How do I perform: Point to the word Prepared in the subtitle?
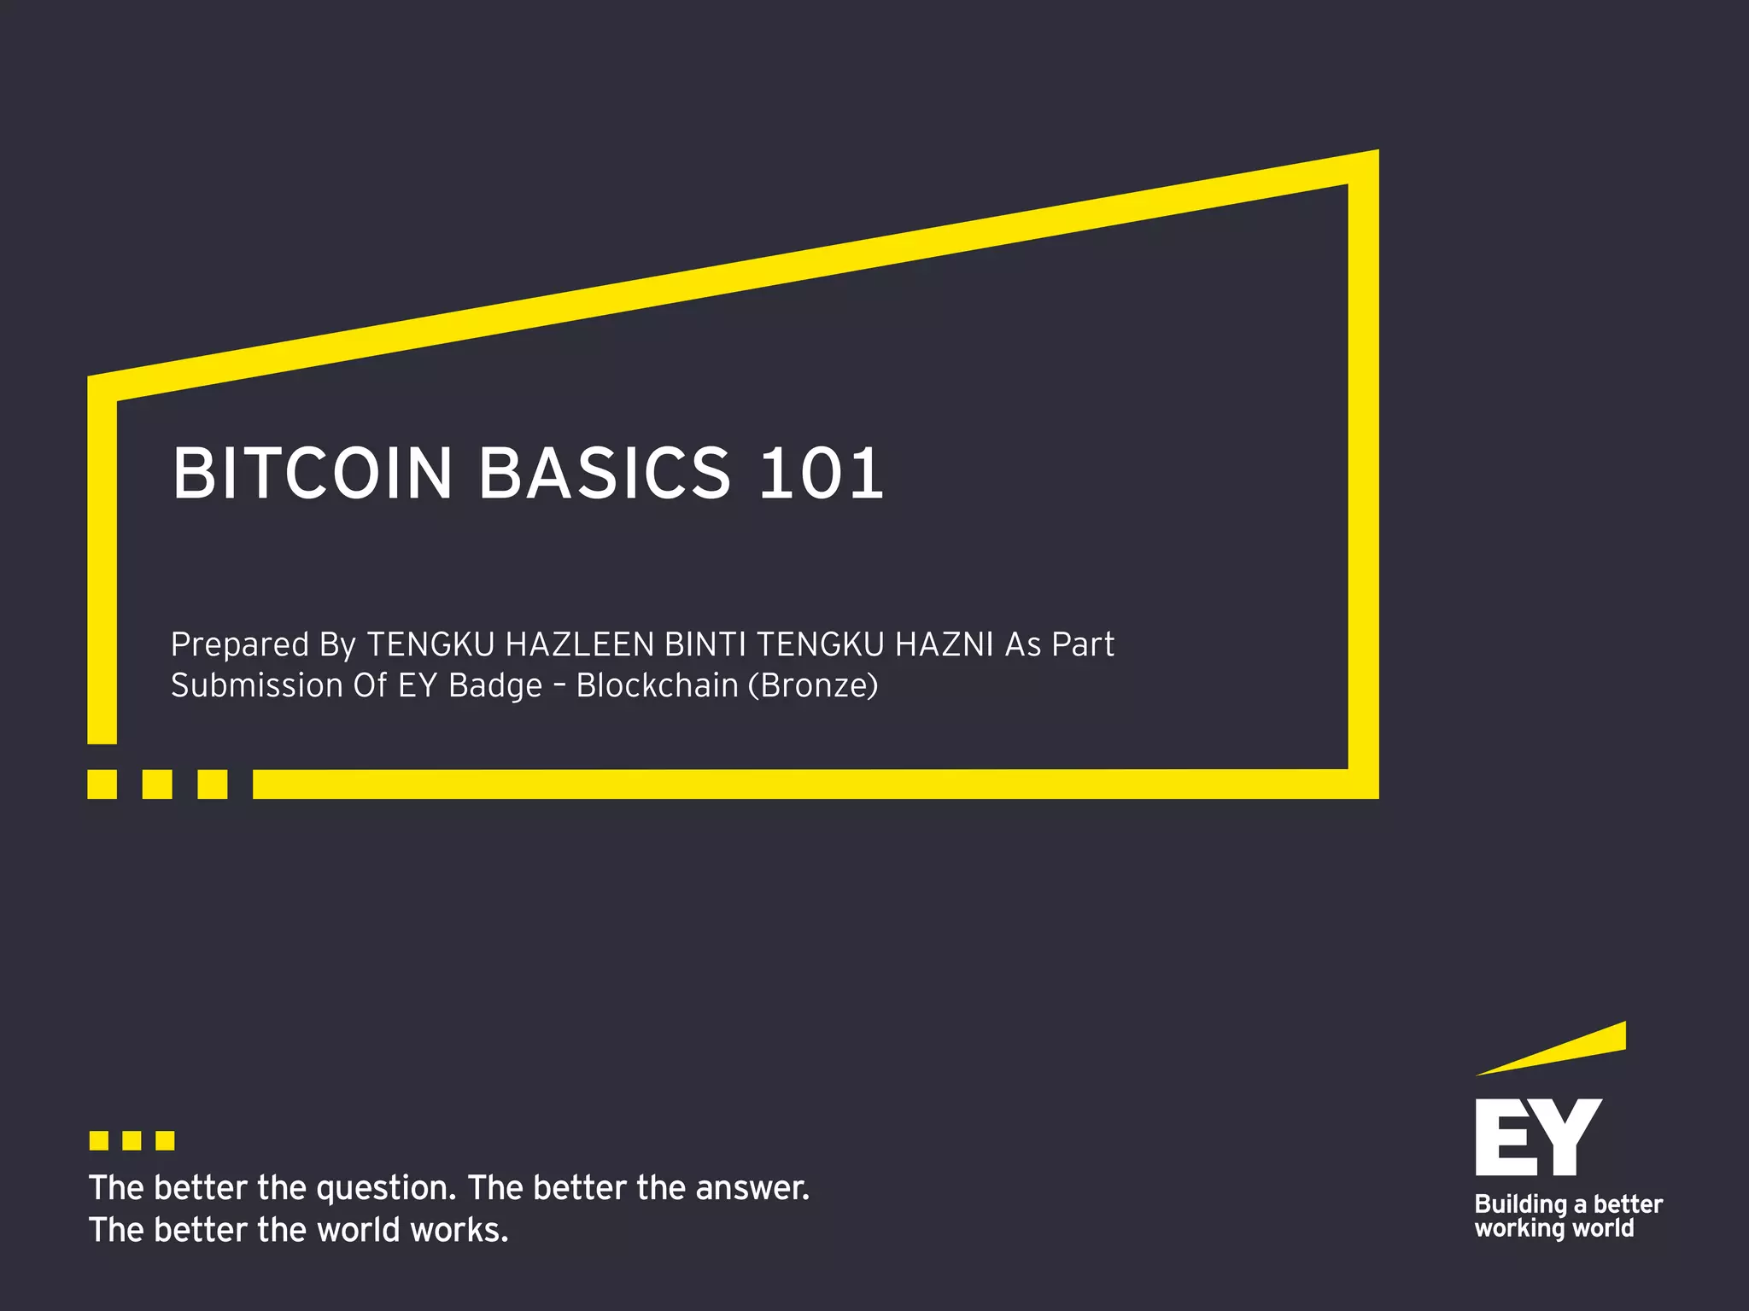[x=240, y=645]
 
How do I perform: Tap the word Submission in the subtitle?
[x=257, y=685]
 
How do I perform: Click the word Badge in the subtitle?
[x=495, y=686]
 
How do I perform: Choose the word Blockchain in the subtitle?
[x=657, y=685]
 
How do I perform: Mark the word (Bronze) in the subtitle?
[x=813, y=685]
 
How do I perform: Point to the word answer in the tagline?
[x=752, y=1188]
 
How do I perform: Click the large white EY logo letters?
[x=1538, y=1137]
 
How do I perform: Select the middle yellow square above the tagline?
[x=132, y=1140]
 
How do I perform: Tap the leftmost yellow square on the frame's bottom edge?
[x=102, y=784]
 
